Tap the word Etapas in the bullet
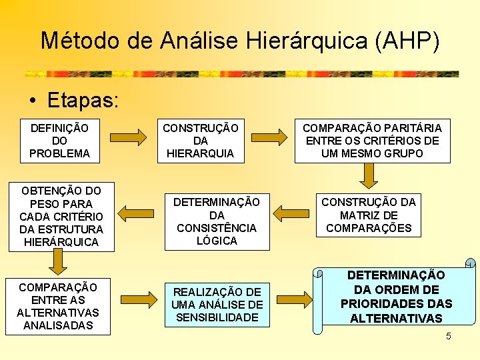click(83, 100)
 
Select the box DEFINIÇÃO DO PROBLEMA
click(59, 141)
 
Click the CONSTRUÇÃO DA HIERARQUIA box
click(201, 141)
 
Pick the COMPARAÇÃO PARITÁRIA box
click(372, 141)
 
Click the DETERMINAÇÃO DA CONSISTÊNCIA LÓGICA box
click(217, 221)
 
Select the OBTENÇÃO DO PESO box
click(61, 216)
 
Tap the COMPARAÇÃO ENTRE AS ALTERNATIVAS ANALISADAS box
click(57, 306)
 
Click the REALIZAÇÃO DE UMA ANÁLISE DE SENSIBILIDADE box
click(217, 304)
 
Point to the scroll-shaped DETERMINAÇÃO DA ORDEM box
click(396, 297)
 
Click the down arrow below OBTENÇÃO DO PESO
click(59, 263)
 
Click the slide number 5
click(449, 336)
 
